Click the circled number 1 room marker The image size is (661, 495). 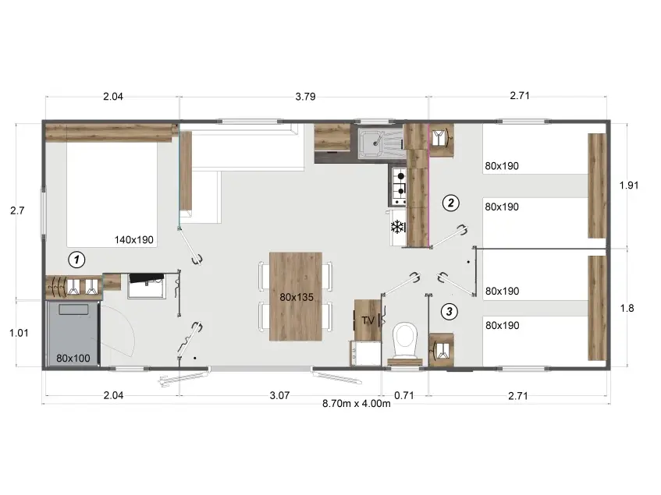coord(76,260)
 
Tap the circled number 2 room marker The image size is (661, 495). coord(450,203)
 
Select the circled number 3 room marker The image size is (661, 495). coord(449,312)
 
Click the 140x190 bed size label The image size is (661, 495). coord(134,240)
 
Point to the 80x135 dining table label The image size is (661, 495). coord(297,297)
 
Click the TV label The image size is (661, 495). coord(368,320)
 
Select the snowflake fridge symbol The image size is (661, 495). coord(397,228)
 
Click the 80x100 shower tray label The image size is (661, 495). coord(73,359)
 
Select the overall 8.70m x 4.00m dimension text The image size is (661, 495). coord(356,403)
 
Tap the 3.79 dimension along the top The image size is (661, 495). coord(305,97)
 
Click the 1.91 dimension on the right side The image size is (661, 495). coord(629,186)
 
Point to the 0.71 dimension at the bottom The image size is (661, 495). coord(403,395)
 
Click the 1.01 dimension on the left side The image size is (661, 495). coord(19,333)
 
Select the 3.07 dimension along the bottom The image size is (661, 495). coord(279,395)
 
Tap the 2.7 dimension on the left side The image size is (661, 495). coord(17,210)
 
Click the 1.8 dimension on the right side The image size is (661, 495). coord(627,309)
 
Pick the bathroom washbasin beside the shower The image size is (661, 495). coord(146,286)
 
